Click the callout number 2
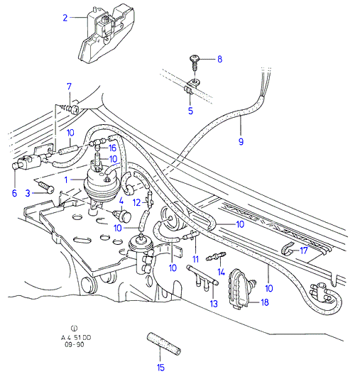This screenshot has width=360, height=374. (65, 18)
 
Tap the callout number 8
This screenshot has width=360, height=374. (219, 59)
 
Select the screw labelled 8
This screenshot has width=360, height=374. (194, 62)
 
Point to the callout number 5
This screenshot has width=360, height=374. (190, 111)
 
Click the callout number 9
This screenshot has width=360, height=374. (241, 141)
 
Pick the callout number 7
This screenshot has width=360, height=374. (69, 87)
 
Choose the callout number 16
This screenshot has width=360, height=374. (112, 148)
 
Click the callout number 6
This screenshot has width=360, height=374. (14, 193)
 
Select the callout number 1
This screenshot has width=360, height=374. (66, 180)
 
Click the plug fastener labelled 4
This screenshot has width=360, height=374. (123, 216)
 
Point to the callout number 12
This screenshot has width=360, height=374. (136, 203)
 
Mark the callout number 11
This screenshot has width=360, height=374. (195, 259)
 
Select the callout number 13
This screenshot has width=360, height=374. (214, 304)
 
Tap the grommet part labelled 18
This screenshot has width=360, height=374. (241, 289)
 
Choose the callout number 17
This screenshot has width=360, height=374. (304, 251)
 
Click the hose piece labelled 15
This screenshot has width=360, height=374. (163, 343)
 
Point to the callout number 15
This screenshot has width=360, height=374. (160, 368)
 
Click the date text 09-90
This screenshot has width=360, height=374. (75, 344)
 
